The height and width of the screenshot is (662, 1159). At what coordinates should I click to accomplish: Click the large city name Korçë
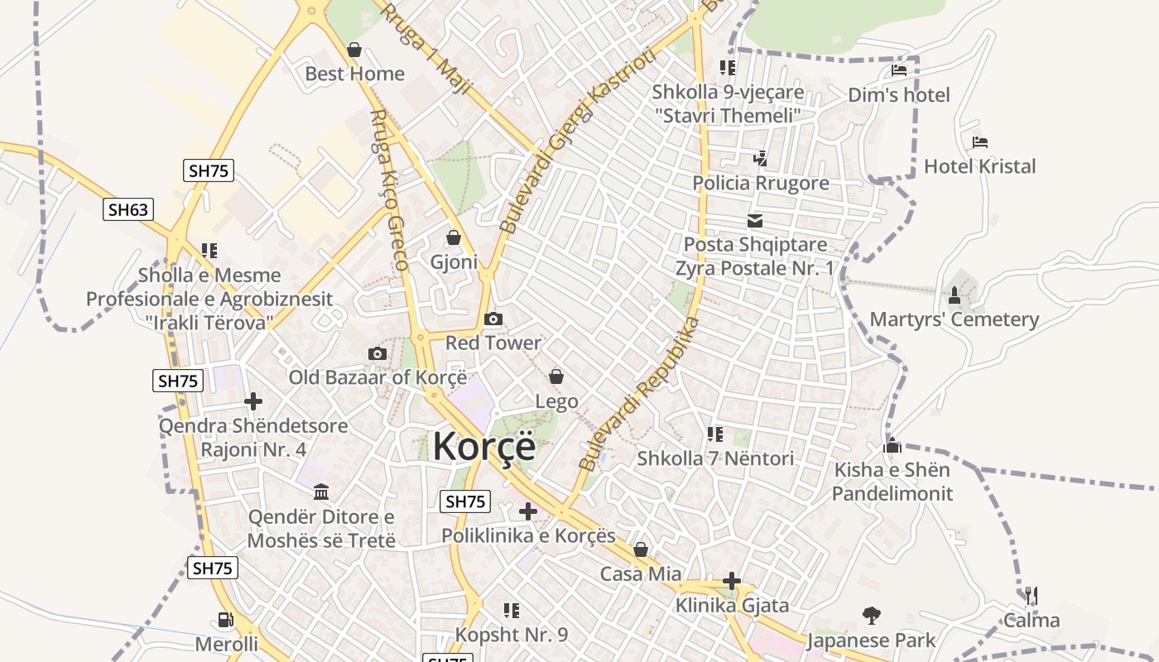(x=484, y=446)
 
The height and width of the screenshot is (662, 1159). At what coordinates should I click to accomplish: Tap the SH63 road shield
(x=128, y=209)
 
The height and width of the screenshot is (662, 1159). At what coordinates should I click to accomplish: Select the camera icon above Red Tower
(x=493, y=319)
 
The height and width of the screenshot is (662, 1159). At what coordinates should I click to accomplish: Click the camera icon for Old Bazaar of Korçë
(x=378, y=354)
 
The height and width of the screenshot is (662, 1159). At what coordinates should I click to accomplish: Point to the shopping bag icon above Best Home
(x=354, y=50)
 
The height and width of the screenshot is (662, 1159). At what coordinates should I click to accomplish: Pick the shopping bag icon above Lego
(x=556, y=377)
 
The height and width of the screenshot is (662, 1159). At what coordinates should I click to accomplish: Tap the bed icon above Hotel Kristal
(x=980, y=142)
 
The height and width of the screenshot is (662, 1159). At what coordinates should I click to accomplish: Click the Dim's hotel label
(x=899, y=95)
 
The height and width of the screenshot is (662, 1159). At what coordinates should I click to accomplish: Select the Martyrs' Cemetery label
(x=954, y=319)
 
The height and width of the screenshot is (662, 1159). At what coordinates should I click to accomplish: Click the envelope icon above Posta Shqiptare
(x=755, y=221)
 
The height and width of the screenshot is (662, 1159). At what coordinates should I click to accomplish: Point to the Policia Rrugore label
(x=761, y=183)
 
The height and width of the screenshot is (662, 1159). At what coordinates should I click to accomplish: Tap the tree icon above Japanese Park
(x=871, y=616)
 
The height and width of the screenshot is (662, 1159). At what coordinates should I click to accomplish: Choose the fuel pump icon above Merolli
(x=225, y=619)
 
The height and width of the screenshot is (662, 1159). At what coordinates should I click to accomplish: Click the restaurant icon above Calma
(x=1032, y=596)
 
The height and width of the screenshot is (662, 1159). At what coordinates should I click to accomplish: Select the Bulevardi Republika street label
(x=639, y=396)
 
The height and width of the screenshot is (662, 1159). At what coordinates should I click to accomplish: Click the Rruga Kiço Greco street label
(x=389, y=190)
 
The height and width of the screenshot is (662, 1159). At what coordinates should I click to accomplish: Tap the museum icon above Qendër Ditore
(x=321, y=492)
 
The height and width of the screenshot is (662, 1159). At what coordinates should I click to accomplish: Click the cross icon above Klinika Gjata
(x=732, y=581)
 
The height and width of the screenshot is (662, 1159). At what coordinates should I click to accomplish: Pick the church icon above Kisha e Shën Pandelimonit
(x=892, y=446)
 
